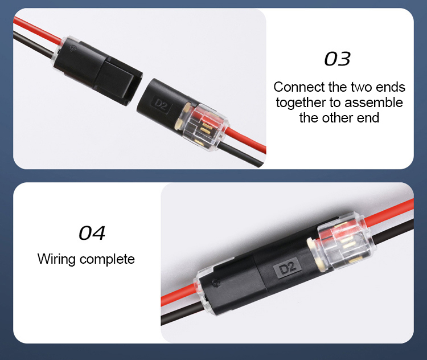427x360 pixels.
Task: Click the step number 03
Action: coord(337,59)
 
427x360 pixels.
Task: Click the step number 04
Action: coord(92,233)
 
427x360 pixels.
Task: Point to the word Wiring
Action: coord(56,259)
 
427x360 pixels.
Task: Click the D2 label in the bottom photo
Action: coord(288,268)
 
